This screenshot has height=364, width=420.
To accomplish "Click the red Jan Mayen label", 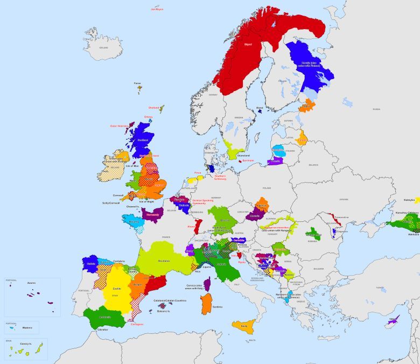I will (x=157, y=9).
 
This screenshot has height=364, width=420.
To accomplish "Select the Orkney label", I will (x=149, y=116).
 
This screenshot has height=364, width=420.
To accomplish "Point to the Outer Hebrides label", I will (x=119, y=126).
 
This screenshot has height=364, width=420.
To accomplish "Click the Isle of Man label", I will (x=132, y=166).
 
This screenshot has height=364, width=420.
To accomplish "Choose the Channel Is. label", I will (x=132, y=206).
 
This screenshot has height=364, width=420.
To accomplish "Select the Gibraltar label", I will (x=102, y=328).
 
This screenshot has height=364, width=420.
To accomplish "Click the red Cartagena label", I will (x=137, y=324).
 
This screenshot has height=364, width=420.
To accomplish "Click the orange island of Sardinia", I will (x=206, y=304).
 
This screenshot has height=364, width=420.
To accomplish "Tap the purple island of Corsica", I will (x=207, y=284).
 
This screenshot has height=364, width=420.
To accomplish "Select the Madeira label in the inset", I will (x=27, y=327).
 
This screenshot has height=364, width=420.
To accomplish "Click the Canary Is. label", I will (x=26, y=343).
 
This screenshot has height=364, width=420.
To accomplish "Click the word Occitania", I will (x=164, y=261).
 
